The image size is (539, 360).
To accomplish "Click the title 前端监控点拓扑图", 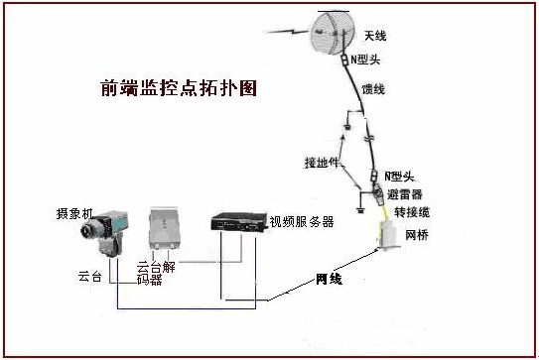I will click(x=179, y=88).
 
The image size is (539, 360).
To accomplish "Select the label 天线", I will click(x=375, y=37).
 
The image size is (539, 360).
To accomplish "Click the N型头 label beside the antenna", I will click(x=371, y=59).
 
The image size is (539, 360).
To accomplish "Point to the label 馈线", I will click(x=374, y=90).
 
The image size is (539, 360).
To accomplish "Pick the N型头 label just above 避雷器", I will click(x=400, y=176).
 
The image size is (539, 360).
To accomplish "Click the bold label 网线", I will click(x=329, y=279).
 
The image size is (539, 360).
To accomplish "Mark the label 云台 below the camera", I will click(x=90, y=274).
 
